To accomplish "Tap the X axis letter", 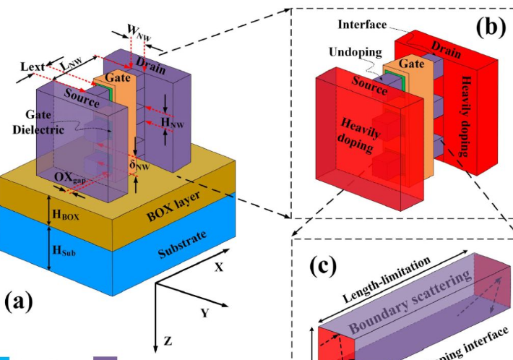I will point(218,266).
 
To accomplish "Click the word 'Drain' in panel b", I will point(447,48).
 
